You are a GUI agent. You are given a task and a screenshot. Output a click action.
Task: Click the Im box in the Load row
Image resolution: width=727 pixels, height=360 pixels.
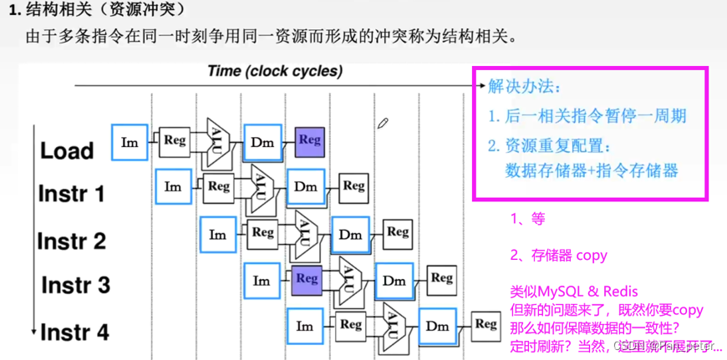tap(130, 142)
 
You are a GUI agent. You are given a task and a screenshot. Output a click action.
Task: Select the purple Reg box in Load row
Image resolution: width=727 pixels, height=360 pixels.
tap(309, 141)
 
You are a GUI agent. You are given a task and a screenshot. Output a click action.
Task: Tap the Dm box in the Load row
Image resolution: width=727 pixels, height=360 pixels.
tap(262, 143)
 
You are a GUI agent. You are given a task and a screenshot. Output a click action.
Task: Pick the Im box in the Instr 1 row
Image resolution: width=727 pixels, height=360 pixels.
tap(173, 187)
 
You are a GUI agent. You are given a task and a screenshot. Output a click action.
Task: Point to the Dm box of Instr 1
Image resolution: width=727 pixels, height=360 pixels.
tap(306, 187)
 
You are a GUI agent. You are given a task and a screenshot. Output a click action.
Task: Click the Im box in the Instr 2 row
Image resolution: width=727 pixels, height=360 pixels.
tap(217, 235)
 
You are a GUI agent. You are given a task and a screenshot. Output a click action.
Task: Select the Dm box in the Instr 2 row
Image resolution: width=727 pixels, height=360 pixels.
tap(349, 235)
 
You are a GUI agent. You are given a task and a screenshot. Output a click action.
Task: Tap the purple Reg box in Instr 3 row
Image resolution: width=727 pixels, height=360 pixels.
tap(308, 279)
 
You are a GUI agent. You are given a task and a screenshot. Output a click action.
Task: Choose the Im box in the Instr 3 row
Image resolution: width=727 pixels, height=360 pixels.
tap(262, 281)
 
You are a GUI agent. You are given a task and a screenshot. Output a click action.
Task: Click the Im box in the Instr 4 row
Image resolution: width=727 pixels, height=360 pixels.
tap(305, 327)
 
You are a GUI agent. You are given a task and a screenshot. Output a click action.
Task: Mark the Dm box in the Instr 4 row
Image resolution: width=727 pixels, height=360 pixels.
tap(437, 327)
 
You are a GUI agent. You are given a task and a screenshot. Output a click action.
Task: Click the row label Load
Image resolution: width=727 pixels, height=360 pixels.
tap(67, 151)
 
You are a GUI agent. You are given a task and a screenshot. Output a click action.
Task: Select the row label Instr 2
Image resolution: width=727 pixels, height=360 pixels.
tap(72, 241)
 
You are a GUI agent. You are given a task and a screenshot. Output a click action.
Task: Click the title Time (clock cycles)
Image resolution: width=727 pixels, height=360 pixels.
tap(275, 71)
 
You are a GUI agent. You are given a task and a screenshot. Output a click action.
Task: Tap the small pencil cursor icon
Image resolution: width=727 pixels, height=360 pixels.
tap(384, 124)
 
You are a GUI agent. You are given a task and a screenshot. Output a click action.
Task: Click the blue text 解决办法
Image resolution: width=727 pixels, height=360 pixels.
tap(525, 86)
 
